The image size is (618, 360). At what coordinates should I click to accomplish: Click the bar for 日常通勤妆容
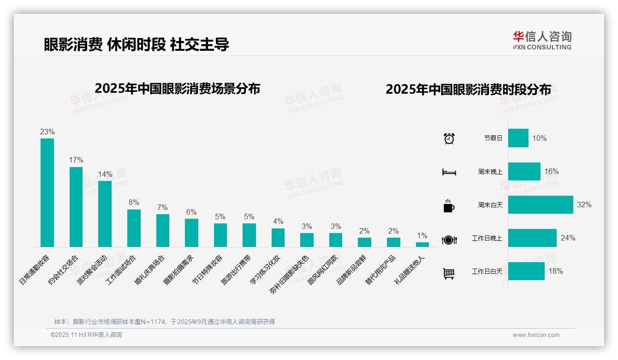click(x=47, y=192)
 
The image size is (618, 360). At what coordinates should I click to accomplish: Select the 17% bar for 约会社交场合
click(x=76, y=207)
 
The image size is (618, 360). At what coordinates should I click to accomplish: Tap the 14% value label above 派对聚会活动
click(x=105, y=174)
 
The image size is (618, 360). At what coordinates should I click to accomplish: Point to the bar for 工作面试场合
click(x=134, y=228)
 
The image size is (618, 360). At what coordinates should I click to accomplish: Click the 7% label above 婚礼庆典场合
click(x=162, y=208)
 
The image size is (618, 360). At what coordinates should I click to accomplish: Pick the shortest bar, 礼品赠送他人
click(x=422, y=245)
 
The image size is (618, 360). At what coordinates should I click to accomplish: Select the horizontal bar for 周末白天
click(x=541, y=204)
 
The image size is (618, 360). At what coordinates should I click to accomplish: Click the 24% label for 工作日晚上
click(x=568, y=238)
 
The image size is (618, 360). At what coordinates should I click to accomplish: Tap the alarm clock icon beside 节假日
click(x=449, y=138)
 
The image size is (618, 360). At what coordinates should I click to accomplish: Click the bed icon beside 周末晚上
click(x=449, y=172)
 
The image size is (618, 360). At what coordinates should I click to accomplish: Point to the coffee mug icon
click(x=449, y=205)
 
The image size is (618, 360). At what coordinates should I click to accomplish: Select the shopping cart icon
click(x=449, y=273)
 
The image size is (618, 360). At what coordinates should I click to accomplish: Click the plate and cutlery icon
click(x=449, y=240)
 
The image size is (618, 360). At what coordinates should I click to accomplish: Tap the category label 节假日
click(x=493, y=138)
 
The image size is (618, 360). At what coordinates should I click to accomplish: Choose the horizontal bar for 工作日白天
click(x=526, y=271)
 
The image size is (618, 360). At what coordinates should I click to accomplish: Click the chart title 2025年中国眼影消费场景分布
click(x=178, y=89)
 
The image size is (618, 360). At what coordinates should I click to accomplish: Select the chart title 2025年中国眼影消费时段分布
click(x=468, y=90)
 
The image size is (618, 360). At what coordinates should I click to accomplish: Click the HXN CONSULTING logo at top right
click(x=542, y=41)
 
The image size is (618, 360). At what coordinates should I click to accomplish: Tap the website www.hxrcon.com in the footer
click(x=536, y=335)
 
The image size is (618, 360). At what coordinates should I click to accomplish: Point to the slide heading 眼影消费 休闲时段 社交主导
click(x=137, y=44)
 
